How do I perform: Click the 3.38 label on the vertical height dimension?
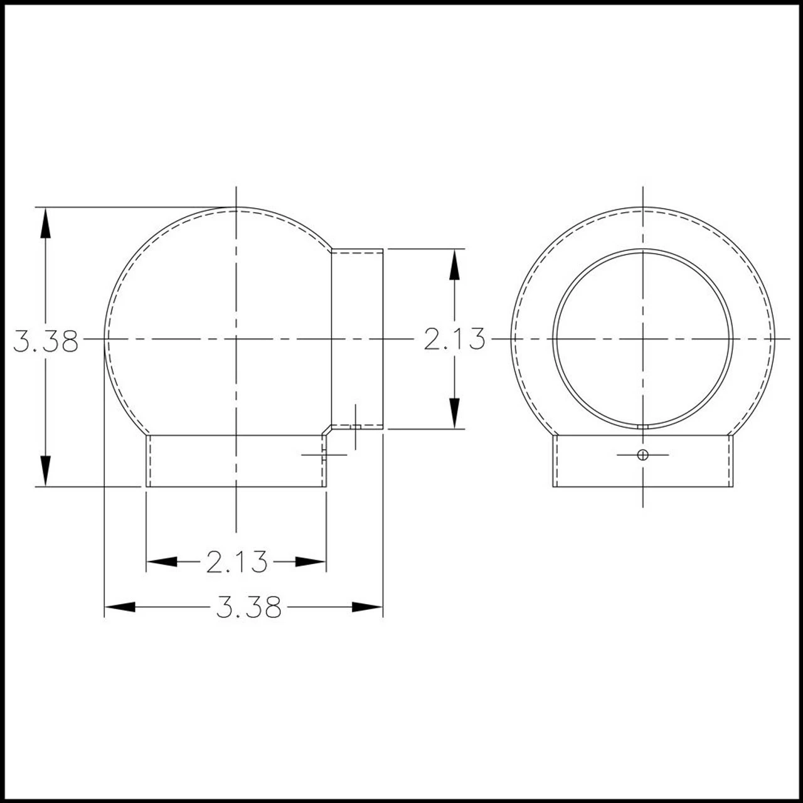coord(46,343)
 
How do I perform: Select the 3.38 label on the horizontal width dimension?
coord(248,607)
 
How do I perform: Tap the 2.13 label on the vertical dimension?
coord(455,339)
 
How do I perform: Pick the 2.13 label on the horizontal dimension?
coord(237,562)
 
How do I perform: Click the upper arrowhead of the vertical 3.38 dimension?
coord(45,223)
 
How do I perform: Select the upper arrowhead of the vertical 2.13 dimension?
coord(455,264)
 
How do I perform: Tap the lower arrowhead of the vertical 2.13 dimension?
coord(455,413)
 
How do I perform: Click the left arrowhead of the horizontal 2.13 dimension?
coord(161,562)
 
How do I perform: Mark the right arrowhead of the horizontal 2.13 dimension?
coord(312,562)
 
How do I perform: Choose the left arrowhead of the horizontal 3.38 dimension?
coord(120,607)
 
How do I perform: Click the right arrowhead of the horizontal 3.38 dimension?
coord(367,607)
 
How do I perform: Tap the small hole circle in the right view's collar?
coord(642,454)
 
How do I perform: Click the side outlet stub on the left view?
coord(356,339)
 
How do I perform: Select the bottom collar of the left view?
coord(236,462)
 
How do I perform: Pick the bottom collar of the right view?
coord(642,471)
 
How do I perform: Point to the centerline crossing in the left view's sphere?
coord(236,339)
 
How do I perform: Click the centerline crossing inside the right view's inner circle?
coord(642,339)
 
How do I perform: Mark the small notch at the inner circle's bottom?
coord(642,426)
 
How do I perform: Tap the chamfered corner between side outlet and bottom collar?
coord(327,430)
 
